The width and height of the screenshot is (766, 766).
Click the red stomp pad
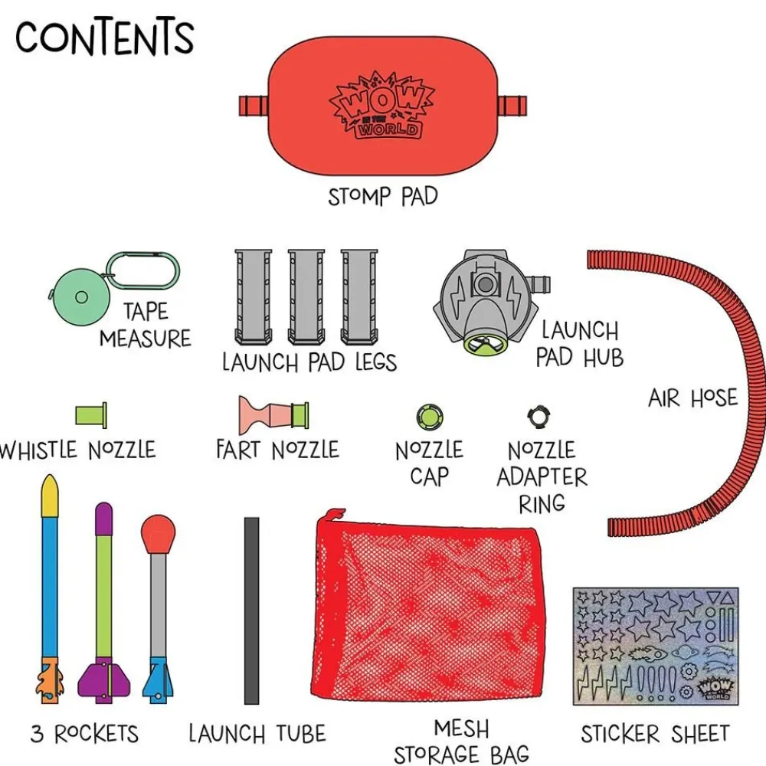click(382, 106)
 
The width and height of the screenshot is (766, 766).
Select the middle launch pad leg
click(306, 296)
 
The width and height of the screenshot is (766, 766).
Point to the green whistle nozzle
click(91, 415)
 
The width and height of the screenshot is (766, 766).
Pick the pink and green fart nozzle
click(273, 415)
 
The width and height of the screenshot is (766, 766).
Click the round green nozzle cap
click(430, 417)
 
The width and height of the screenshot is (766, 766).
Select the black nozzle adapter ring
click(538, 417)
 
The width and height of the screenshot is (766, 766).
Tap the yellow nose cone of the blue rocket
click(51, 497)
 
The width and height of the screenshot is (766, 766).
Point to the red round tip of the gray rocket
click(158, 533)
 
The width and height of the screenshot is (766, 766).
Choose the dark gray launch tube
click(251, 611)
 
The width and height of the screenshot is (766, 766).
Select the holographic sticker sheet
click(655, 646)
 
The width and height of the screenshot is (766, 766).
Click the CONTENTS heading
click(104, 37)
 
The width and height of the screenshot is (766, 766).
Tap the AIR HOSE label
click(692, 398)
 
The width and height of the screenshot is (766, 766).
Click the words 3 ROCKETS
click(84, 733)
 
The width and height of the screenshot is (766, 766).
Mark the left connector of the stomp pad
click(253, 106)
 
